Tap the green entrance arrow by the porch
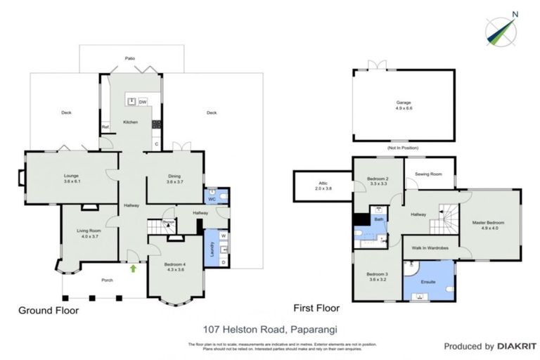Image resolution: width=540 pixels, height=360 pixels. (132, 267)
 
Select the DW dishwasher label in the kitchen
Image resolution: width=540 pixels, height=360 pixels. (142, 102)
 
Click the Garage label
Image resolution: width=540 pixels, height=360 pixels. (403, 105)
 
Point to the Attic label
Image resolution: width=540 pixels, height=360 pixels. (322, 184)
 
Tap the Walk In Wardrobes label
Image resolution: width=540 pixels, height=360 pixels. (430, 247)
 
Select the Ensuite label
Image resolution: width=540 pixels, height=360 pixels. (427, 281)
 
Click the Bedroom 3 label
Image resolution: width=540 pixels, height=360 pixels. (376, 276)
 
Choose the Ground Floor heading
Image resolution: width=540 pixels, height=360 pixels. (49, 310)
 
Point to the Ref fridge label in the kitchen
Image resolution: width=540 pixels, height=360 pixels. (105, 127)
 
